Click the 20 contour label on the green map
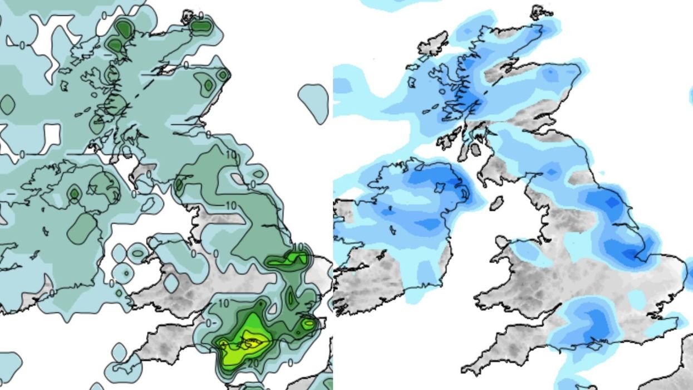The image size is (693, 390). (x=253, y=363)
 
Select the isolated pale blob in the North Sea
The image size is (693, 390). (x=313, y=103)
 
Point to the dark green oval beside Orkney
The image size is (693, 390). (x=201, y=25)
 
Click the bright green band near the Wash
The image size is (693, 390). (x=287, y=260)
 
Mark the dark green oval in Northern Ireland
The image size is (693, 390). (x=74, y=193)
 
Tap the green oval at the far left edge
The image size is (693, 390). (x=7, y=104)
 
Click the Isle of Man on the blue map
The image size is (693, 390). (x=497, y=203)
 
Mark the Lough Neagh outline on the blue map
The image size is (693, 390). (x=440, y=186)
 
